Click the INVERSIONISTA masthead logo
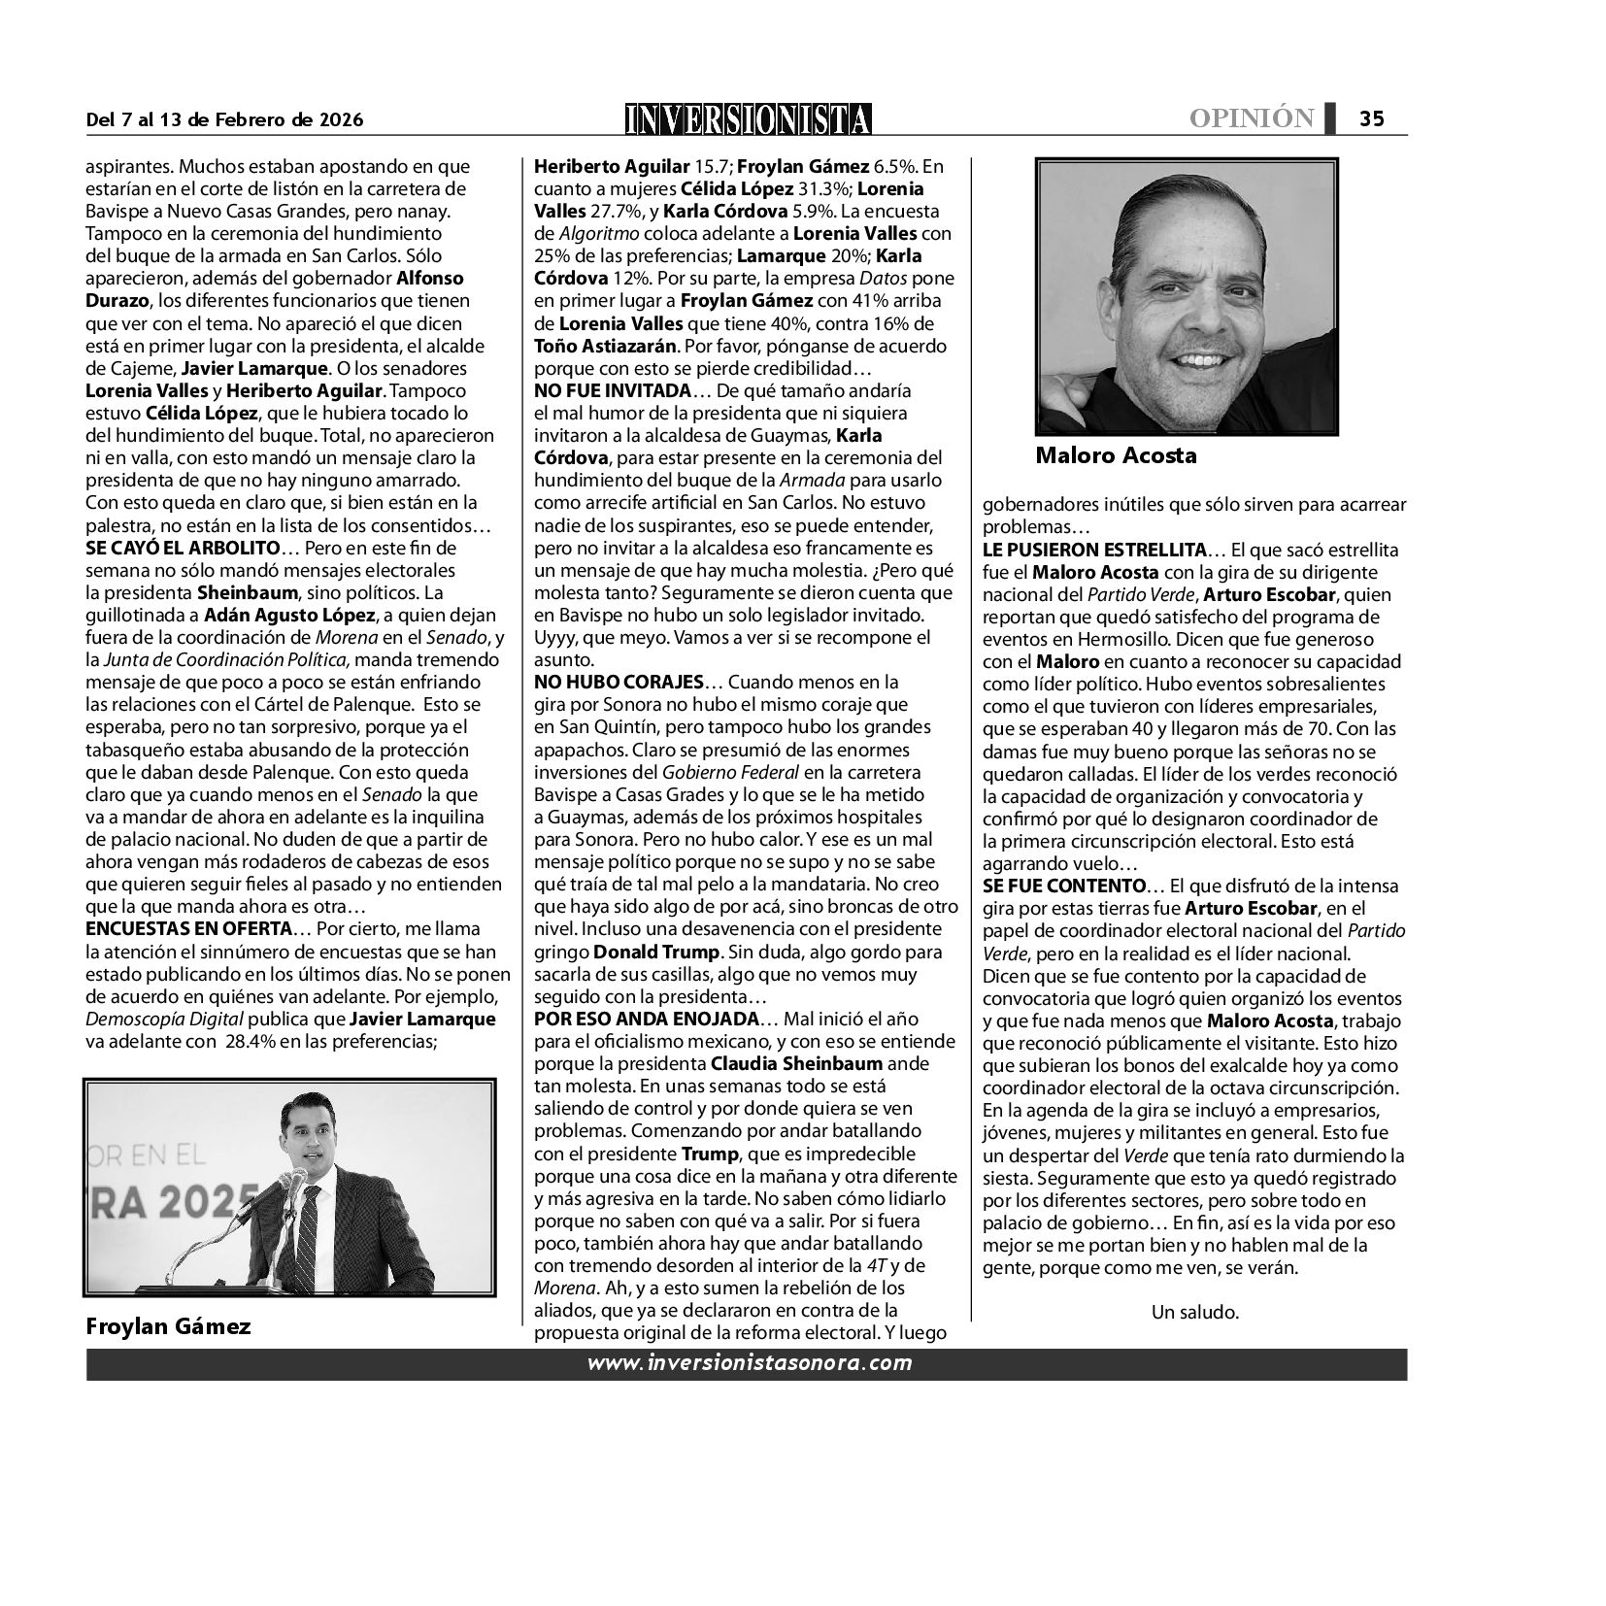click(748, 118)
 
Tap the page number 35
click(1371, 118)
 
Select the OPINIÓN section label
click(1252, 118)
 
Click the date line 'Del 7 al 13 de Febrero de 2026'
click(224, 120)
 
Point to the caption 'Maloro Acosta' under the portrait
click(1116, 454)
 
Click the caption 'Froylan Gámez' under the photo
click(168, 1326)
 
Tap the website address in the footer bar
click(749, 1363)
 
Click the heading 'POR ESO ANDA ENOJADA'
click(645, 1020)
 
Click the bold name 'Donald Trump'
click(656, 952)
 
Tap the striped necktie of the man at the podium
click(307, 1243)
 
